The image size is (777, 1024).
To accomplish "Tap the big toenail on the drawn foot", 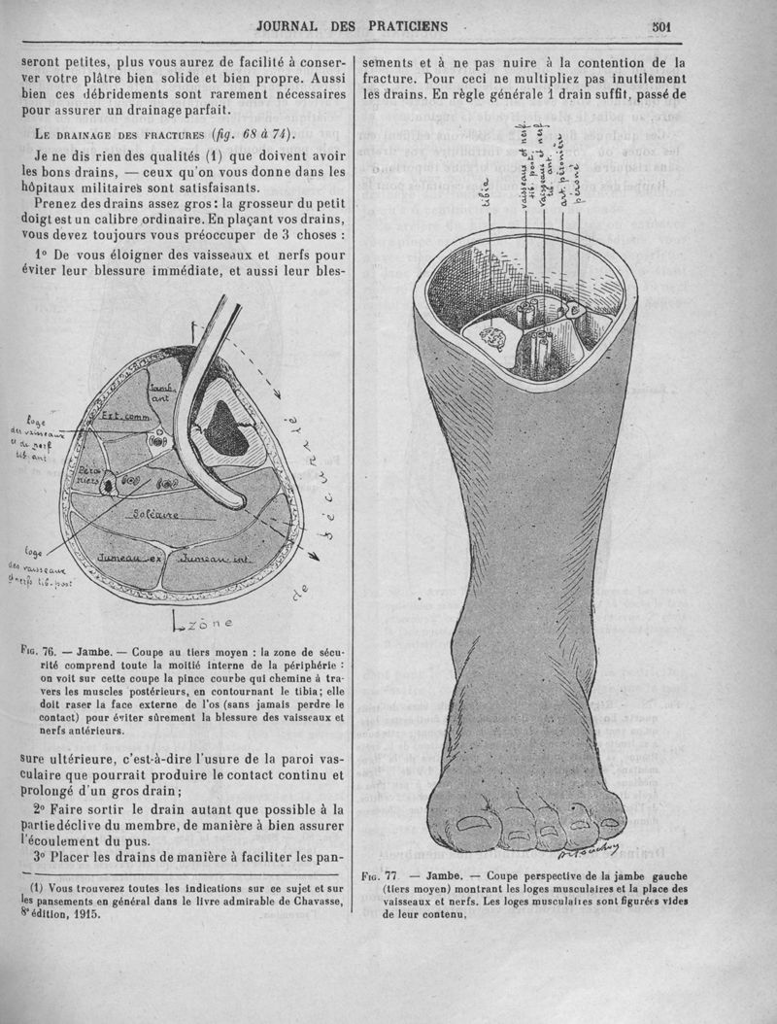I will [x=474, y=824].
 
